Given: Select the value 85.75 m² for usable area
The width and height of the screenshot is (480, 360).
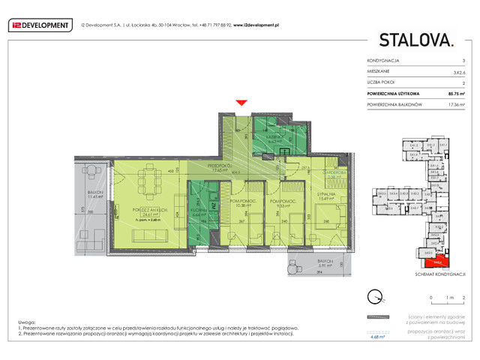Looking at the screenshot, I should pyautogui.click(x=454, y=94).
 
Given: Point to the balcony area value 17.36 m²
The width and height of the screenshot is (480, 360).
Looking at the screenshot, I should pyautogui.click(x=454, y=105).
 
